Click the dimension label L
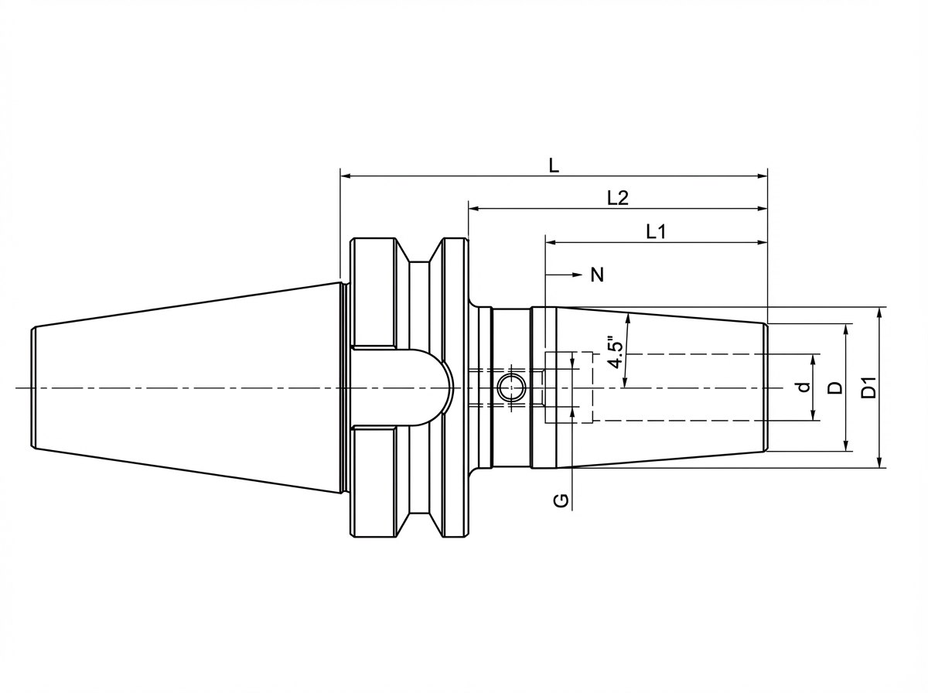click(x=554, y=166)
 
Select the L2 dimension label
click(x=618, y=198)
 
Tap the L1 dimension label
click(x=656, y=232)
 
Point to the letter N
click(x=597, y=275)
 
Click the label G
click(x=561, y=501)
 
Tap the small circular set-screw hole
click(x=511, y=387)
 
